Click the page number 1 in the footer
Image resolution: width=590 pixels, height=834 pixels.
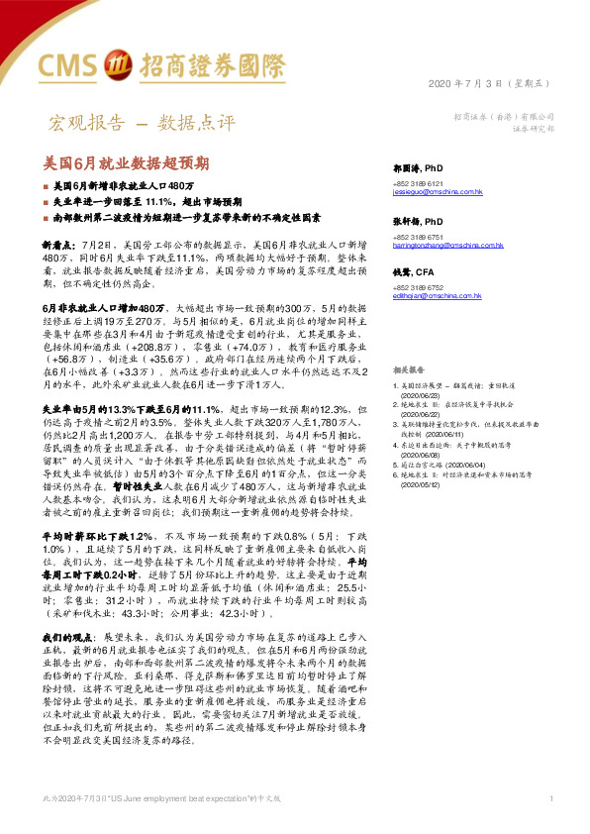point(549,798)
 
